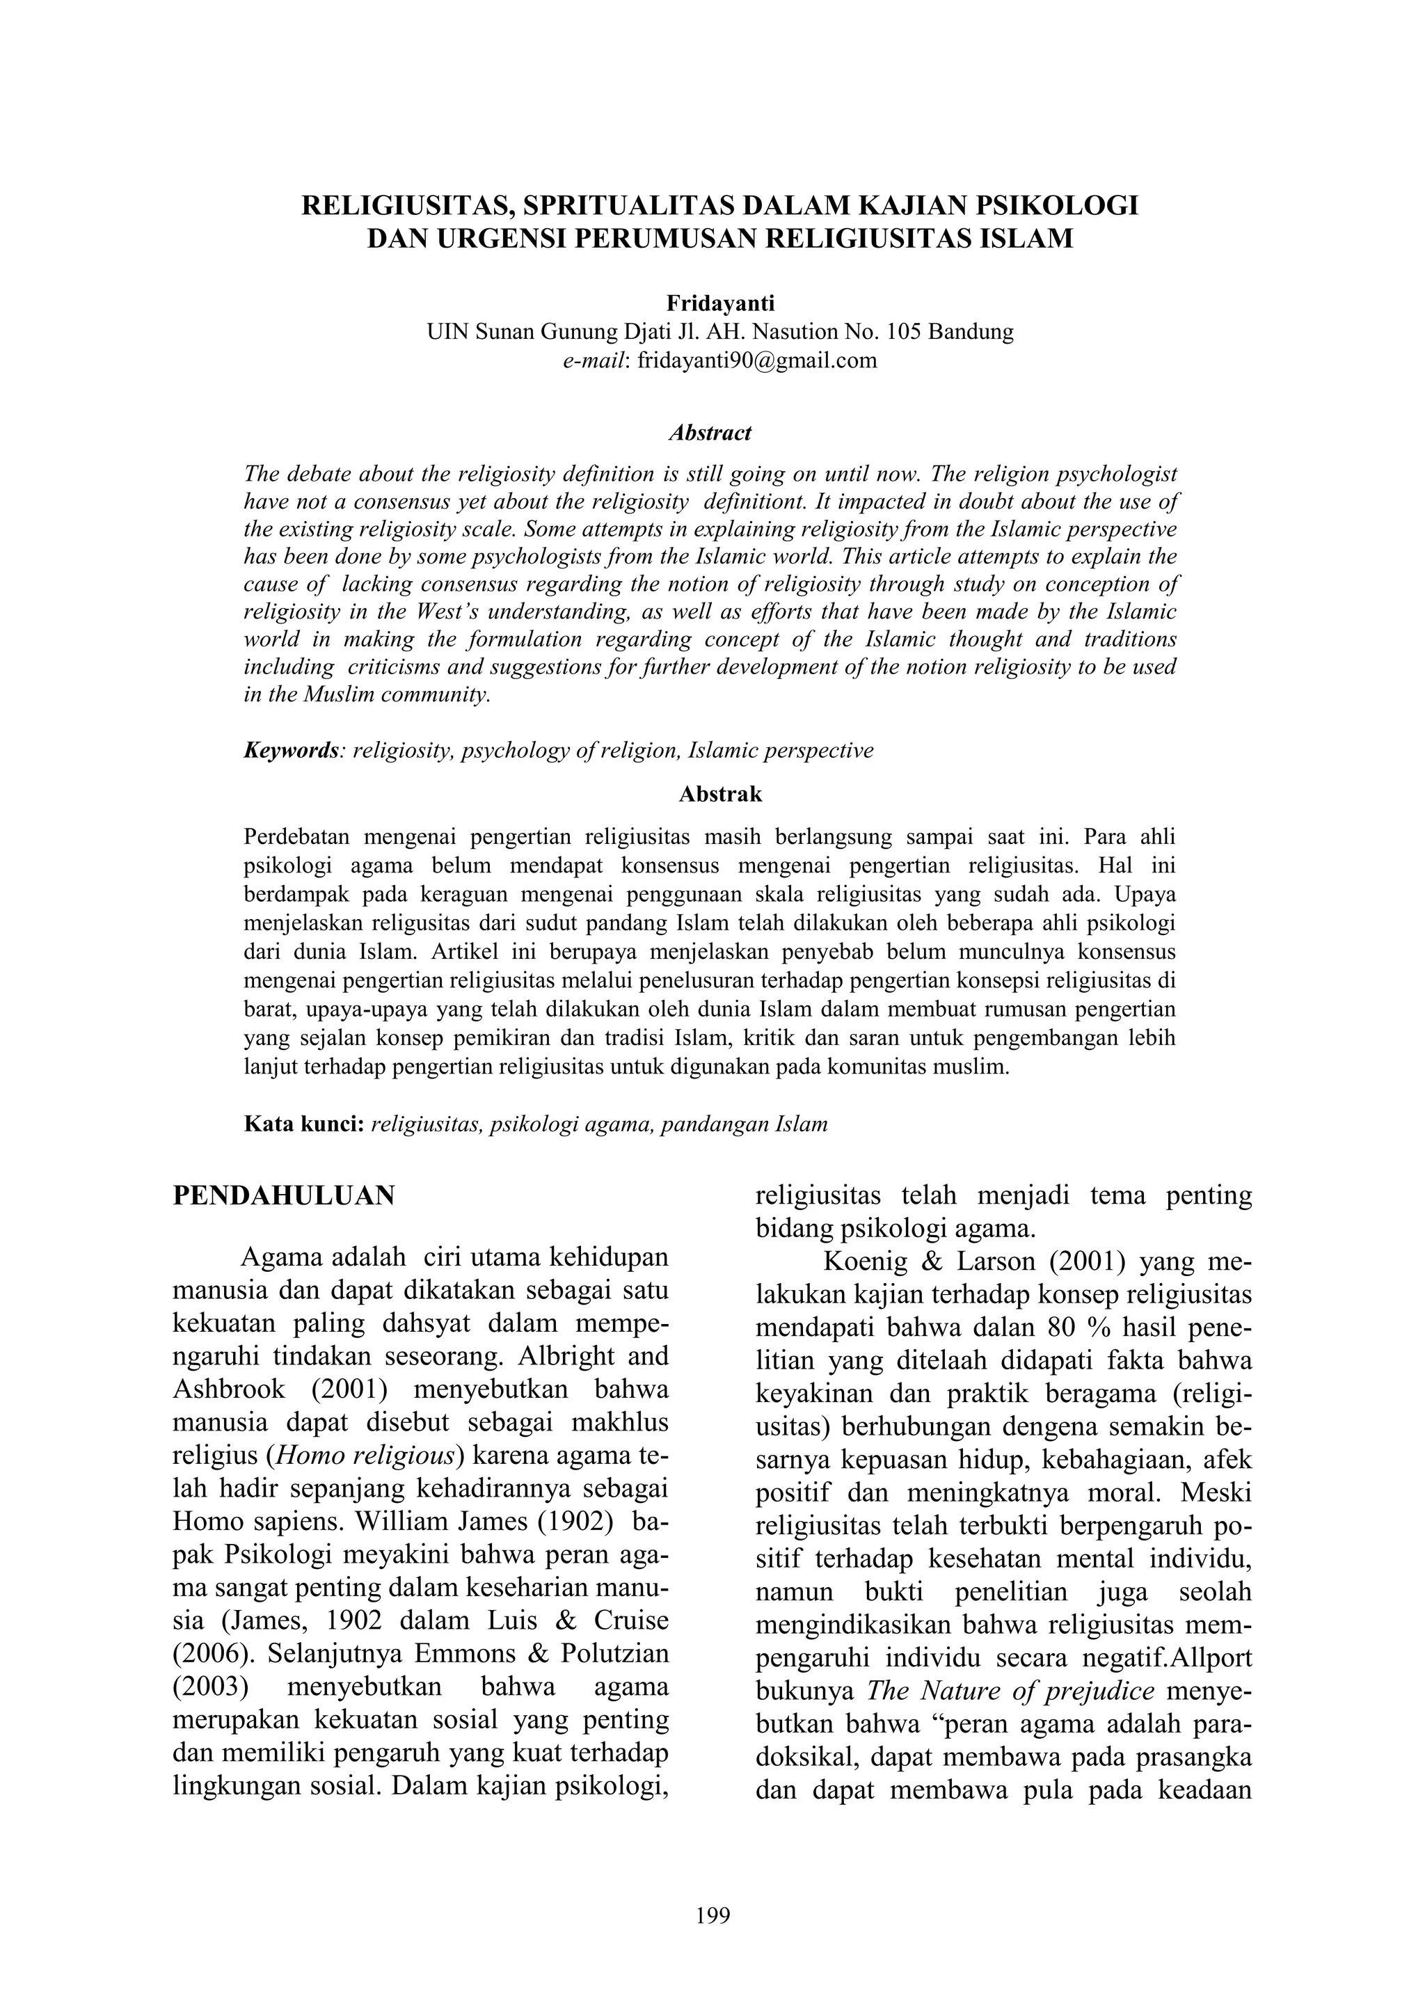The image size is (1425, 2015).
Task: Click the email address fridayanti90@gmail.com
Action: click(x=756, y=360)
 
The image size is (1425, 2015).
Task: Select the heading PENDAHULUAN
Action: click(x=285, y=1195)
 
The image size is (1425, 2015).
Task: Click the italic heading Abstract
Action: click(x=710, y=433)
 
